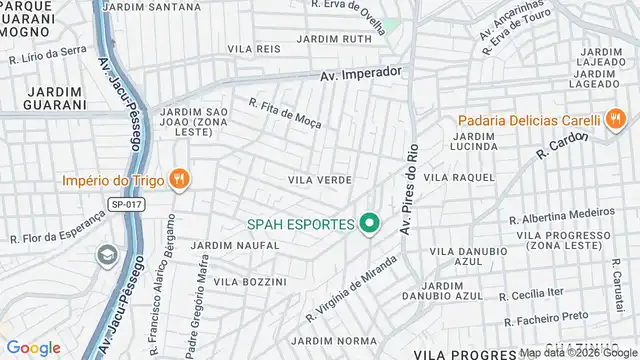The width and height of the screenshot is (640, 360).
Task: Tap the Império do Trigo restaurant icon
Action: pos(178,180)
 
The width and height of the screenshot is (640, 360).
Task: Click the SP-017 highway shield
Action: pos(122,203)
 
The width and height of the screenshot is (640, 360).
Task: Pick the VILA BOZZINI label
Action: pos(250,282)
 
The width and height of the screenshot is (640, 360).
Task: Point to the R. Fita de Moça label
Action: pos(289,116)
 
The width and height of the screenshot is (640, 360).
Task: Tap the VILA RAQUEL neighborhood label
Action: pos(459,177)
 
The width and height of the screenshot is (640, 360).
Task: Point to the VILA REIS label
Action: pos(253,48)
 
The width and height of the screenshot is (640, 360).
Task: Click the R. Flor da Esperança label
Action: pos(57,232)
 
